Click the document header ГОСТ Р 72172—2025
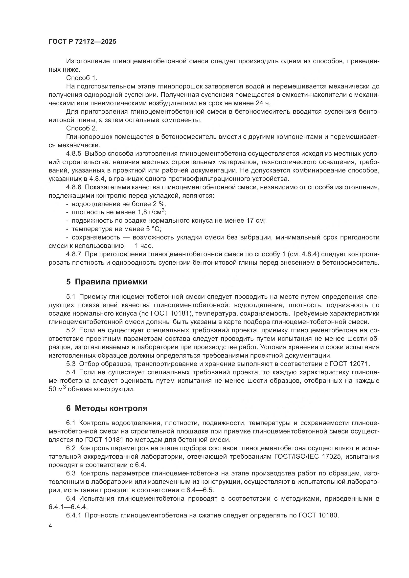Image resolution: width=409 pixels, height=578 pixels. (82, 42)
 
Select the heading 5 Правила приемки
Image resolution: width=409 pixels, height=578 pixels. (107, 282)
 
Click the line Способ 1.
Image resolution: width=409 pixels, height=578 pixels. (82, 78)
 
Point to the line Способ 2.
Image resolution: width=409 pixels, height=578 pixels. (82, 128)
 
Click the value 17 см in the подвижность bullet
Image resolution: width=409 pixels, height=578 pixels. (258, 221)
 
